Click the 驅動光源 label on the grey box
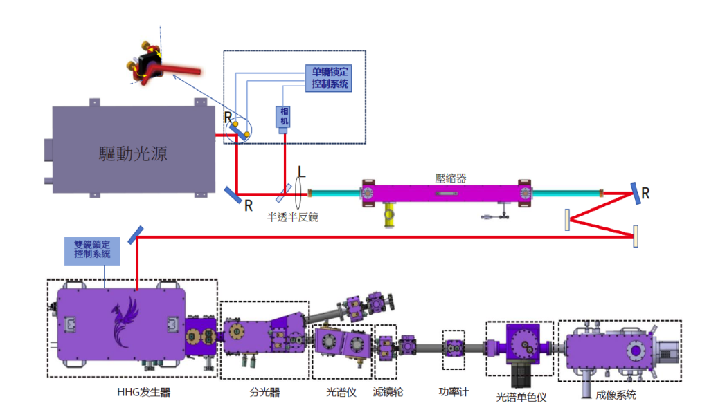(x=134, y=153)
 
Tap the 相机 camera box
(x=283, y=117)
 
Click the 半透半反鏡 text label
(x=293, y=216)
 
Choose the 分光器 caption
(x=264, y=393)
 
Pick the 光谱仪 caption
(x=341, y=393)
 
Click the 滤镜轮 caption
(x=388, y=393)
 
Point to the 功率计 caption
(x=454, y=392)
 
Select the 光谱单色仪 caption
(x=522, y=398)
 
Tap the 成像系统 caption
(x=616, y=395)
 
